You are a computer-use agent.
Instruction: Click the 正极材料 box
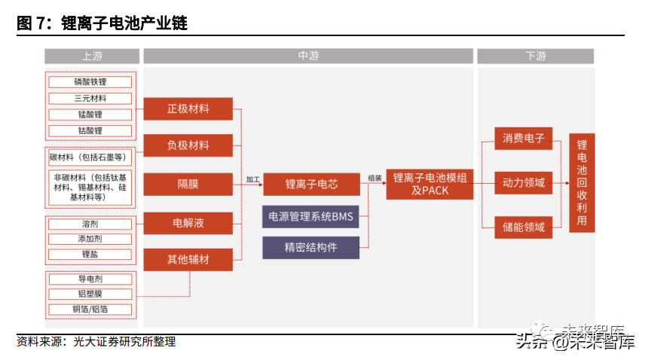[188, 109]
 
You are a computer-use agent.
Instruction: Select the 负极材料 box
[188, 145]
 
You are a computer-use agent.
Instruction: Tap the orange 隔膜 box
[188, 184]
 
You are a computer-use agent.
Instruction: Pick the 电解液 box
[188, 223]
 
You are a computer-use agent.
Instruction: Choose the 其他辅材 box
[188, 260]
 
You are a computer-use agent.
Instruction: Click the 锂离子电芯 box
[311, 184]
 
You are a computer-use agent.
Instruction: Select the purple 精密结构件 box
[311, 248]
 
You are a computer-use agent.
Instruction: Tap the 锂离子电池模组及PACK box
[429, 184]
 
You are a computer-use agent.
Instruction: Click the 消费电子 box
[524, 139]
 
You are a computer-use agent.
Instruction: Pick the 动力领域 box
[524, 182]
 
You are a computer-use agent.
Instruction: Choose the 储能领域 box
[524, 227]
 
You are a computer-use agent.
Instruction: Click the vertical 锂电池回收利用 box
[582, 182]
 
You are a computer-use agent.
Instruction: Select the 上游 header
[92, 56]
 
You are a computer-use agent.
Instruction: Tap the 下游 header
[536, 56]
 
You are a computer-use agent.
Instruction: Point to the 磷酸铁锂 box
[90, 81]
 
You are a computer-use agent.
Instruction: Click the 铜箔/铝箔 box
[90, 310]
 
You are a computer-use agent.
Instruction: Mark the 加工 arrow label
[253, 179]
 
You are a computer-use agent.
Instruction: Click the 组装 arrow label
[374, 178]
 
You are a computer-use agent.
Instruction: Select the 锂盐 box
[90, 255]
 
